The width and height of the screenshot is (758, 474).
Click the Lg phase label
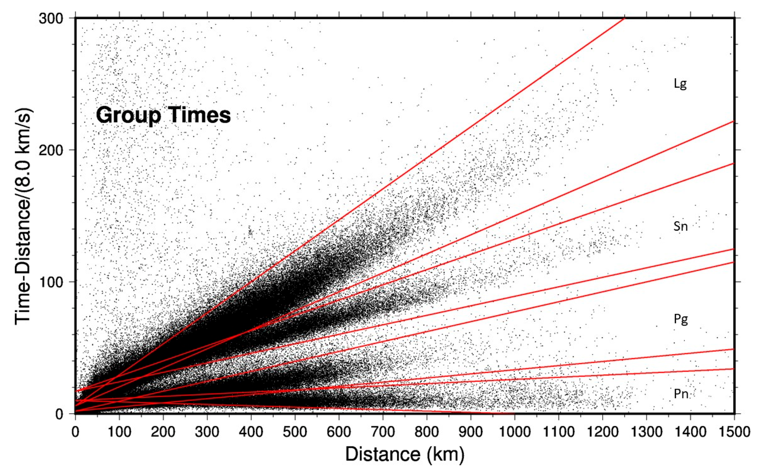[680, 84]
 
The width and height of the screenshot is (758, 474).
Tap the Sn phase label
[681, 226]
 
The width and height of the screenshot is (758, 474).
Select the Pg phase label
[681, 319]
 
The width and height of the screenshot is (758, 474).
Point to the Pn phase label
[681, 394]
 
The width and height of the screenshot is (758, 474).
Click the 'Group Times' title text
[163, 115]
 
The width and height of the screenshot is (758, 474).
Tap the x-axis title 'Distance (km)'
[404, 454]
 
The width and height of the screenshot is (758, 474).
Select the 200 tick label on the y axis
[51, 150]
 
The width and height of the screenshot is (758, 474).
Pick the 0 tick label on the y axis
[60, 414]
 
